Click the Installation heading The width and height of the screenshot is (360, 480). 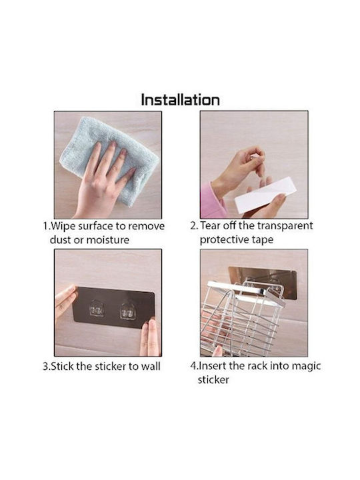pyautogui.click(x=180, y=100)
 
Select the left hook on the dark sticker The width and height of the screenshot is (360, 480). pyautogui.click(x=97, y=310)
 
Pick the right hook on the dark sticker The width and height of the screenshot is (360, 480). pyautogui.click(x=128, y=311)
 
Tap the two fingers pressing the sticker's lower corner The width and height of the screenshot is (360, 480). pyautogui.click(x=150, y=337)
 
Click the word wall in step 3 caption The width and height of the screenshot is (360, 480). pyautogui.click(x=150, y=367)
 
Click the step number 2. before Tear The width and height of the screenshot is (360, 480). pyautogui.click(x=194, y=226)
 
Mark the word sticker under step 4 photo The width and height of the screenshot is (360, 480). pyautogui.click(x=213, y=380)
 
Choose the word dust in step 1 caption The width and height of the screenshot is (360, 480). pyautogui.click(x=61, y=240)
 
